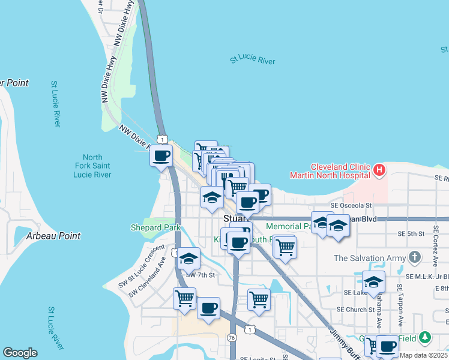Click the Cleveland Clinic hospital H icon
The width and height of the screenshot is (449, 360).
[379, 170]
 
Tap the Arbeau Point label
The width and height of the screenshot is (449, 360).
[53, 236]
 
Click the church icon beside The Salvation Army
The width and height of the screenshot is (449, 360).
[414, 258]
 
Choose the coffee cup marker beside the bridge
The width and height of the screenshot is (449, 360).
[160, 157]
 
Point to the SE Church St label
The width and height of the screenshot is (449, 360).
[355, 310]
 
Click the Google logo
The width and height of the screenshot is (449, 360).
[20, 353]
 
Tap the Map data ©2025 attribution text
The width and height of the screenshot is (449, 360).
[423, 355]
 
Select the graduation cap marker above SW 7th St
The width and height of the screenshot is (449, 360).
[188, 259]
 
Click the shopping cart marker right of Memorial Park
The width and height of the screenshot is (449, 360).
[285, 247]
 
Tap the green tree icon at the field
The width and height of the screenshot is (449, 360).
[425, 337]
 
